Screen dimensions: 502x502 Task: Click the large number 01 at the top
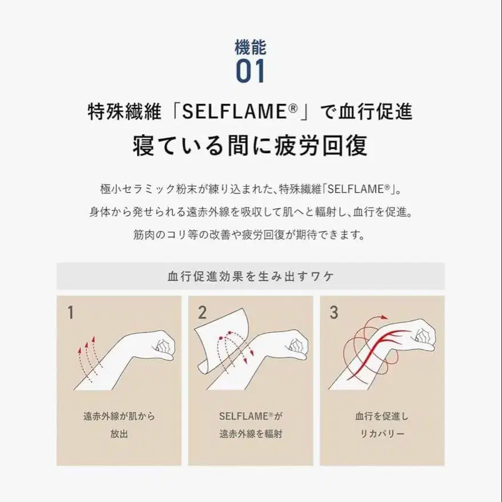pos(251,71)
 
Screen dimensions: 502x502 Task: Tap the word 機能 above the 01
pos(251,46)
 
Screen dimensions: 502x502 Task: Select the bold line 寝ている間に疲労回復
pos(250,146)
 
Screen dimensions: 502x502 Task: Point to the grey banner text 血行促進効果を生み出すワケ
pos(250,276)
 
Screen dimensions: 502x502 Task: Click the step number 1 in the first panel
pos(70,312)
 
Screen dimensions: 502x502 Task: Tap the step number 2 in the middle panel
pos(202,312)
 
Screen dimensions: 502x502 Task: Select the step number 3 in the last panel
pos(334,312)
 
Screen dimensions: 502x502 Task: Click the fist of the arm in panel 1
pos(163,344)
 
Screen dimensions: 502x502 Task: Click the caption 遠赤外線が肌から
pos(119,416)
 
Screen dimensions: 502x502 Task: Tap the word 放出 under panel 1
pos(119,433)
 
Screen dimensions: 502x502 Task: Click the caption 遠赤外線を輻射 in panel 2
pos(251,433)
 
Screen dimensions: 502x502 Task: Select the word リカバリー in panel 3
pos(382,433)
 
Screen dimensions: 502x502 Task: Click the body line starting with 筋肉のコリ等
pos(250,235)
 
